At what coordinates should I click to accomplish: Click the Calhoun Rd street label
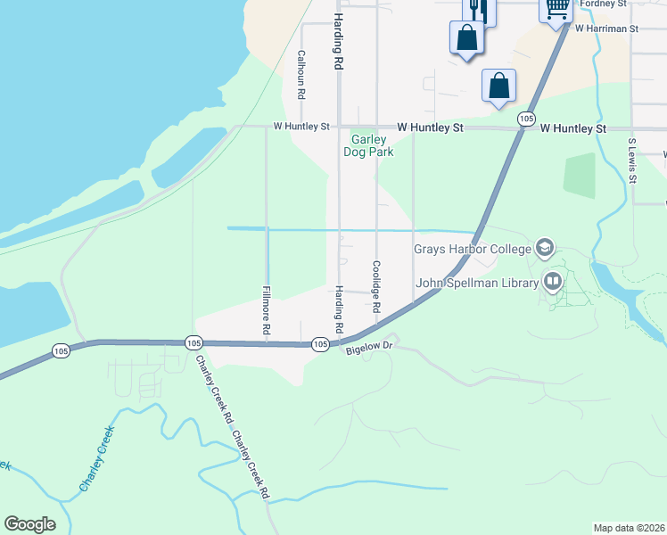pos(301,74)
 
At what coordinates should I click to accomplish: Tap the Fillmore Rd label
pos(266,310)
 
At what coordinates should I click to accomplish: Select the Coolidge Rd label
pos(376,286)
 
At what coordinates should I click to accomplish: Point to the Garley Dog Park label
pos(368,145)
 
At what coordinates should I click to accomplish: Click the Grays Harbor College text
pos(472,248)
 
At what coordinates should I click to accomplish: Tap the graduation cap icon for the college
pos(544,248)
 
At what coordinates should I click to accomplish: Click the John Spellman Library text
pos(477,284)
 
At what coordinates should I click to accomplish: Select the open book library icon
pos(553,283)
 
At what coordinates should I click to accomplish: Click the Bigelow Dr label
pos(369,350)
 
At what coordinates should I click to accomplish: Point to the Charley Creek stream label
pos(97,458)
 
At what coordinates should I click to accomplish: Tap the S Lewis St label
pos(632,160)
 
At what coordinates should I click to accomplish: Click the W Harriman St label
pos(606,29)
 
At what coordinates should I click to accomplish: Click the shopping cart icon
pos(557,8)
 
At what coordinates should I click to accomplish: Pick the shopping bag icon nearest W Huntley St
pos(499,86)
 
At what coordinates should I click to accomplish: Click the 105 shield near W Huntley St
pos(526,119)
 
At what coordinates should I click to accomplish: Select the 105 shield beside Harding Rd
pos(321,344)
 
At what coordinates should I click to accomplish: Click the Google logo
pos(29,524)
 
